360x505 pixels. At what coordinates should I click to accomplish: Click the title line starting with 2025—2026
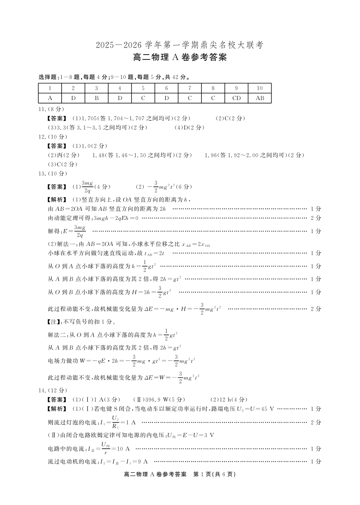coord(180,45)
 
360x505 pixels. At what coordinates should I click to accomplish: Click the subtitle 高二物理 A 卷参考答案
coord(180,58)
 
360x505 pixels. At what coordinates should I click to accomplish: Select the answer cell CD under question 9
coord(236,98)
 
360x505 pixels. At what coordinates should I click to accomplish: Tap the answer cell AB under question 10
coord(260,98)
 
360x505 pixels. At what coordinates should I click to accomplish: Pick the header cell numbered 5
coord(143,88)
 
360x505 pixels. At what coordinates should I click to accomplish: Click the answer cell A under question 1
coord(50,98)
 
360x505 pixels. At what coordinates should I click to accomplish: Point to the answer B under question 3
coord(96,98)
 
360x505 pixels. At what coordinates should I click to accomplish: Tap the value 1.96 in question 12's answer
coord(213,155)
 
